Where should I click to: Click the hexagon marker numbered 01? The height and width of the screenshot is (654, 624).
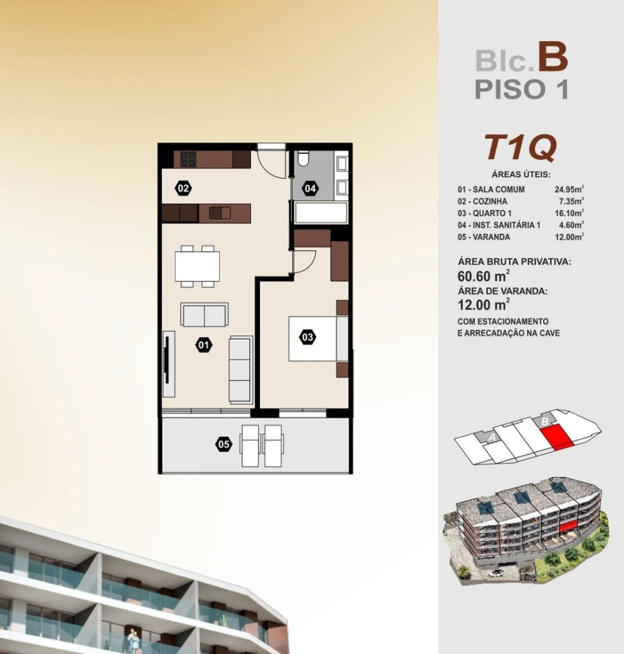point(203,343)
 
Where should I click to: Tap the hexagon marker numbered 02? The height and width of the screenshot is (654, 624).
point(183,188)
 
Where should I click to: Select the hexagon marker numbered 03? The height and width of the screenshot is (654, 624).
point(308,338)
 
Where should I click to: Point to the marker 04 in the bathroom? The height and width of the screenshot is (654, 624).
point(310,188)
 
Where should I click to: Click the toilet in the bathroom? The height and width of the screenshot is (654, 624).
point(303,160)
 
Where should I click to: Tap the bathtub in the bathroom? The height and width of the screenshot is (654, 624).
point(320,212)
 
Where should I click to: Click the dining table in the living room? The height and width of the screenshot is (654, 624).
point(197,266)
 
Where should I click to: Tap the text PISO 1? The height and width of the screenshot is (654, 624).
point(521,89)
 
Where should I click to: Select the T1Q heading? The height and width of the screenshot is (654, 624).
point(520,147)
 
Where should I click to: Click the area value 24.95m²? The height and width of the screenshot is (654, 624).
point(569,189)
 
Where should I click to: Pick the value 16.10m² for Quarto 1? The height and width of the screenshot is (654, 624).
point(569,213)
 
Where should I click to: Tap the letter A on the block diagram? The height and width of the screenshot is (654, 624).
point(492,437)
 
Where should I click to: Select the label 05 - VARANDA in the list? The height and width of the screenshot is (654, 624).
point(484,236)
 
